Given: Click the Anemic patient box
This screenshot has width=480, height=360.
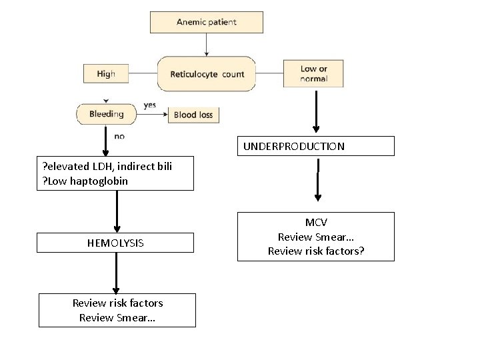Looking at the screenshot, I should pos(206,22).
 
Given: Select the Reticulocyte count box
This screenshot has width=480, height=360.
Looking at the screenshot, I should pos(206,74).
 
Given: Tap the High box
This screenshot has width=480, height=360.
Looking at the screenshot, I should pos(105,74).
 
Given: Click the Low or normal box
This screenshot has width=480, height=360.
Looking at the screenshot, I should pos(314,74).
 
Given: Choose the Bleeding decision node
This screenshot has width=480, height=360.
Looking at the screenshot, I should pos(107,114).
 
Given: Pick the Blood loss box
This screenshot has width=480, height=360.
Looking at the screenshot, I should pos(193,115).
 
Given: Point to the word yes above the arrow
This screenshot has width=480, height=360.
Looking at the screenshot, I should pos(151,105).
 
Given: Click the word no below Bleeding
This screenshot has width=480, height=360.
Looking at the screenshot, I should pos(119,136).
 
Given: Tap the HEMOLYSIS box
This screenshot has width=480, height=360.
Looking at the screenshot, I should pos(115,243).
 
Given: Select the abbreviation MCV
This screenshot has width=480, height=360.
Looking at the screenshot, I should pos(316,223).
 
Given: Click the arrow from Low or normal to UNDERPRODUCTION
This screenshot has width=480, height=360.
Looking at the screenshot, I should pos(317,110).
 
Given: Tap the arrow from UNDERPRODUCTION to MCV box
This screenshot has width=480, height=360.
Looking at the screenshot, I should pos(318,180).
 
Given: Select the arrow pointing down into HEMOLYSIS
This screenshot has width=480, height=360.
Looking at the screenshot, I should pos(117,211).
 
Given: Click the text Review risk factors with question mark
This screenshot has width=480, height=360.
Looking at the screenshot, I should pos(317,251).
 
